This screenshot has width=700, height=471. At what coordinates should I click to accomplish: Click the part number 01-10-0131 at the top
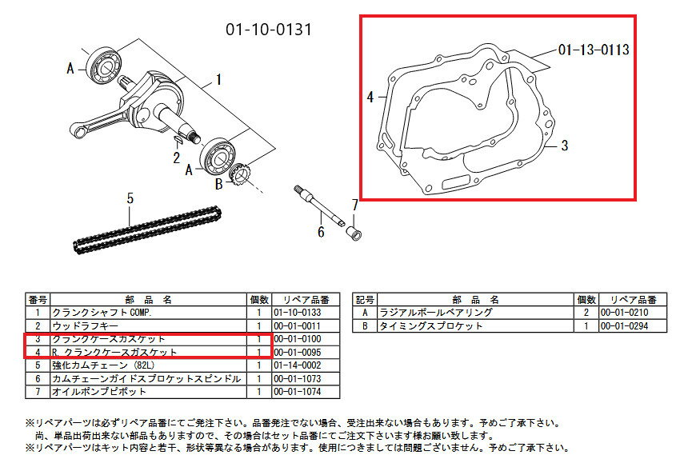click(268, 30)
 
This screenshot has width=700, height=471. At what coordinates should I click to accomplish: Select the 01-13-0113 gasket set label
click(593, 50)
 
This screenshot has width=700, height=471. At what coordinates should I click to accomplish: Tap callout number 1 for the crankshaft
click(218, 80)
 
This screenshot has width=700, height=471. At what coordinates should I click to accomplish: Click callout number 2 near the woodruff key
click(176, 158)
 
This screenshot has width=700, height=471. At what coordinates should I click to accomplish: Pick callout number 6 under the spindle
click(321, 233)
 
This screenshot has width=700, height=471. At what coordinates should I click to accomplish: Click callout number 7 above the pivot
click(354, 204)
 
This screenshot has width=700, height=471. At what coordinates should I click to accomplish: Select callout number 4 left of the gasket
click(370, 98)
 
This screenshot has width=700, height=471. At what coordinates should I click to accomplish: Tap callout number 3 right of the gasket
click(564, 146)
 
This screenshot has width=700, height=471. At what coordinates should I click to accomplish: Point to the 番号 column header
click(38, 299)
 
